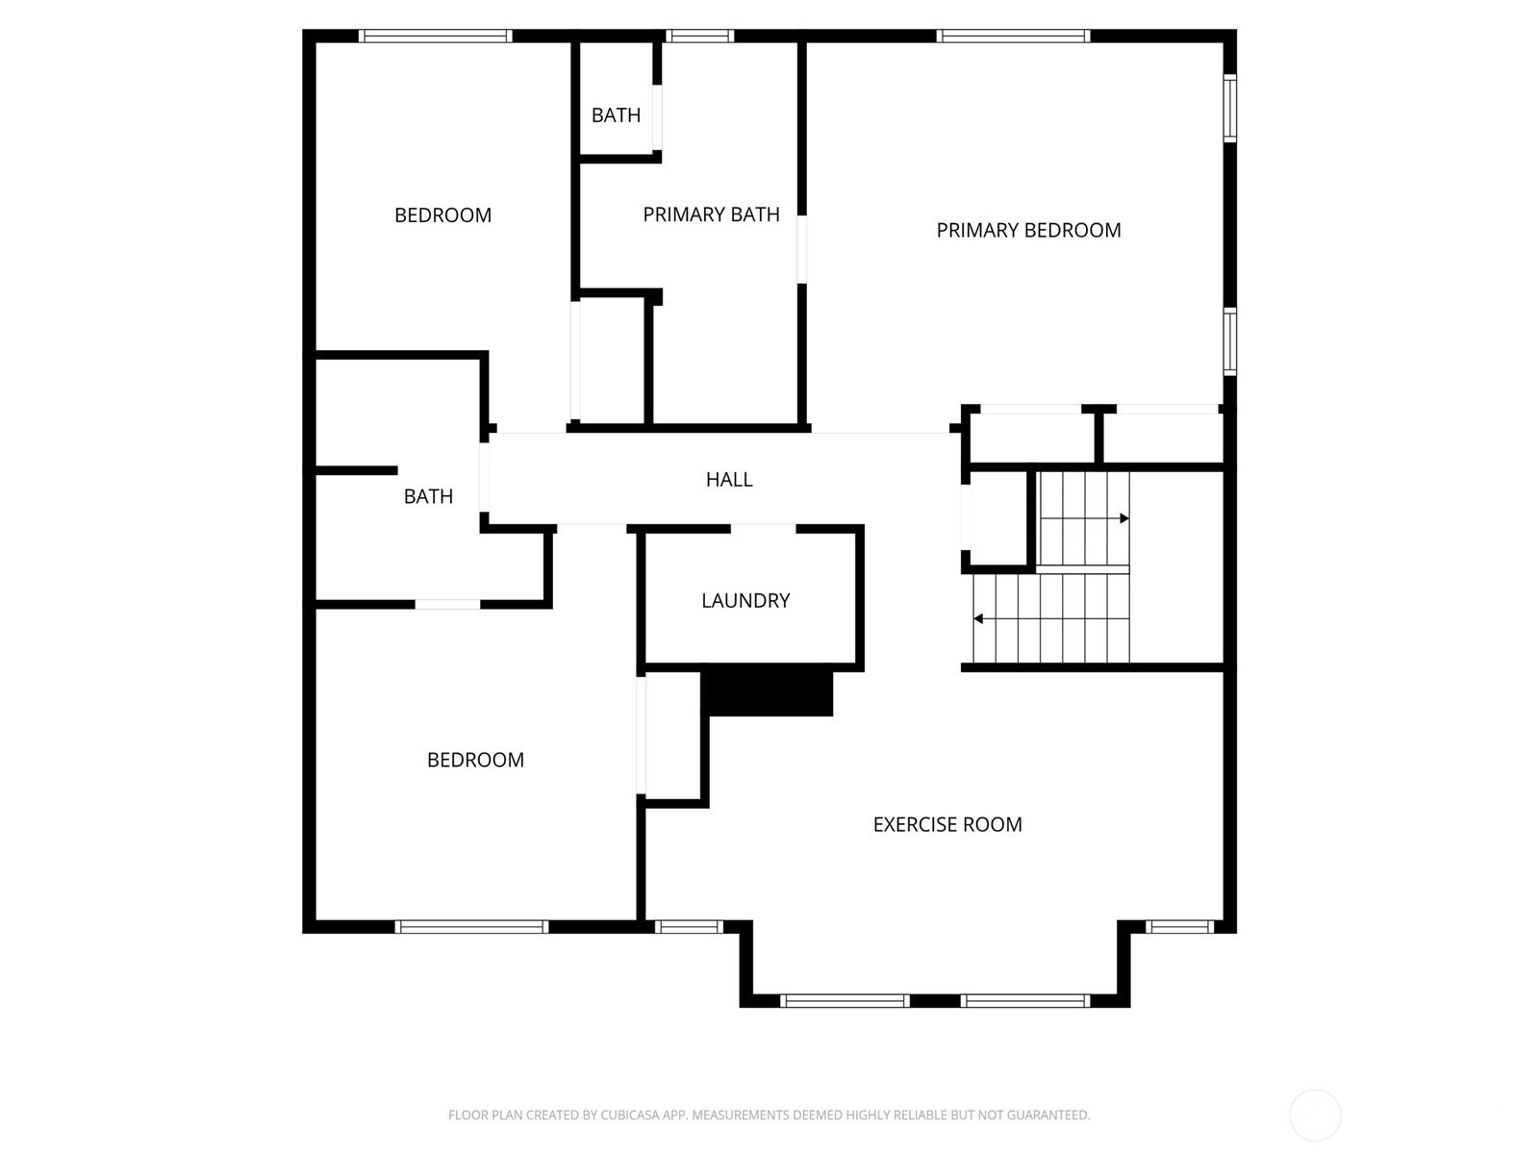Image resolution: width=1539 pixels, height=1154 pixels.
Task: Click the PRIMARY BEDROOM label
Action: coord(1028,230)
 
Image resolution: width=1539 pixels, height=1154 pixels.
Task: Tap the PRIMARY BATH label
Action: coord(711,214)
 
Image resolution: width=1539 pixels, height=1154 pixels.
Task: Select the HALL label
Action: coord(729,479)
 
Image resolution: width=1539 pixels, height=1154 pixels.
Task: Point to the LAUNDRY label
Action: coord(745,600)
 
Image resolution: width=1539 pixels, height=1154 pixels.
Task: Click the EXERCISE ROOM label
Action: coord(947,825)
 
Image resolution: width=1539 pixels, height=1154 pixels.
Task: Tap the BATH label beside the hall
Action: coord(428,497)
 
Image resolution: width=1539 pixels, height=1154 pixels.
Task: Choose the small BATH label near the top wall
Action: coord(616,114)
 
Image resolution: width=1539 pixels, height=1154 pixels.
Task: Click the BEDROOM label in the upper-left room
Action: coord(442,215)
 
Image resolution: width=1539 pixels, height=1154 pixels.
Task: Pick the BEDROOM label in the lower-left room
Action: coord(475,760)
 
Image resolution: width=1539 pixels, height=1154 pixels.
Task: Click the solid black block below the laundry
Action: coord(767,693)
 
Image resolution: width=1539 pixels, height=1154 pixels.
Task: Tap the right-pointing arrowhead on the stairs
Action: coord(1123,518)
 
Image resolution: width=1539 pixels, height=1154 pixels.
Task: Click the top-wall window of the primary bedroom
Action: coord(1013,36)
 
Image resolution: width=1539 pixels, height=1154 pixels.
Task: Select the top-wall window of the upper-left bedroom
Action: coord(436,36)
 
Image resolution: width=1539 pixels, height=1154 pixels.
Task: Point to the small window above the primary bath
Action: coord(699,36)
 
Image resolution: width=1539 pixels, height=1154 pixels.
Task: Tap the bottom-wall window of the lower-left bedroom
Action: coord(471,927)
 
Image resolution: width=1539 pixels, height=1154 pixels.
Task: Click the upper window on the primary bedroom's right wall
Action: coord(1230,108)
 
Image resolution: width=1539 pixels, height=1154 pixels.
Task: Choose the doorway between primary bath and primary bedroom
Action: coord(802,249)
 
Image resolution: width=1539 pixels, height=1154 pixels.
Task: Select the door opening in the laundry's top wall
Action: coord(764,528)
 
